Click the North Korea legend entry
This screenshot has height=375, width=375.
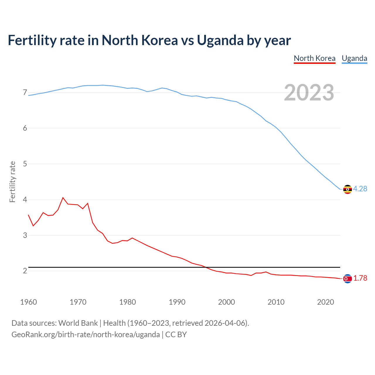(314, 58)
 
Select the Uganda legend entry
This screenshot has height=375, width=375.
(354, 58)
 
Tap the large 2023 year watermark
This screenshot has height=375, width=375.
(309, 93)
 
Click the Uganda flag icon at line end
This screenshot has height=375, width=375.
(347, 189)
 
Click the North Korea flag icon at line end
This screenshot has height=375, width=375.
(347, 279)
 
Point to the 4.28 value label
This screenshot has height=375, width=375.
(360, 189)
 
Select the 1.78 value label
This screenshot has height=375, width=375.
(360, 278)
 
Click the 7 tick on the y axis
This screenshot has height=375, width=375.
(25, 93)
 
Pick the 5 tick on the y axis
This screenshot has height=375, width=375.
(25, 164)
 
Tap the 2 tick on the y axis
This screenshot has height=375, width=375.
(25, 271)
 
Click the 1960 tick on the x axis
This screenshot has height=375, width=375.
(28, 302)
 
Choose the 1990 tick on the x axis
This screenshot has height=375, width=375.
(177, 302)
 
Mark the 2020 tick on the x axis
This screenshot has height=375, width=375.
(325, 302)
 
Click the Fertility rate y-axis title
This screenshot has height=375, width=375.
(12, 182)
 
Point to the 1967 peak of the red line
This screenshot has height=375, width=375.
(63, 198)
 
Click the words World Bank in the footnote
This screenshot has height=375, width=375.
(78, 323)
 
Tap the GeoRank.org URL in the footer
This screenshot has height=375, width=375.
(86, 335)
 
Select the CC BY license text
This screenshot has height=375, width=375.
(176, 335)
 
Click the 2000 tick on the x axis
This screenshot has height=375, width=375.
(226, 302)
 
